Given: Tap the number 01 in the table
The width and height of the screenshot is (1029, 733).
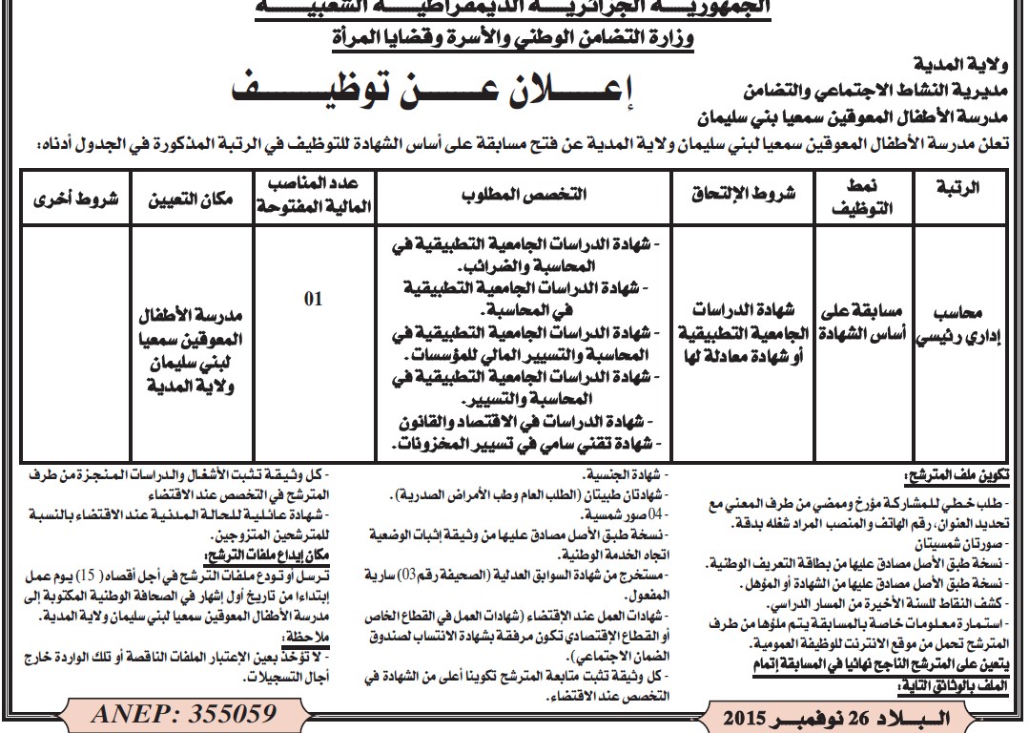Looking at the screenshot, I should [x=313, y=299].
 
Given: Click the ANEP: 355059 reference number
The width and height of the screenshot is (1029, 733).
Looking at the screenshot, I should [x=184, y=714].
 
